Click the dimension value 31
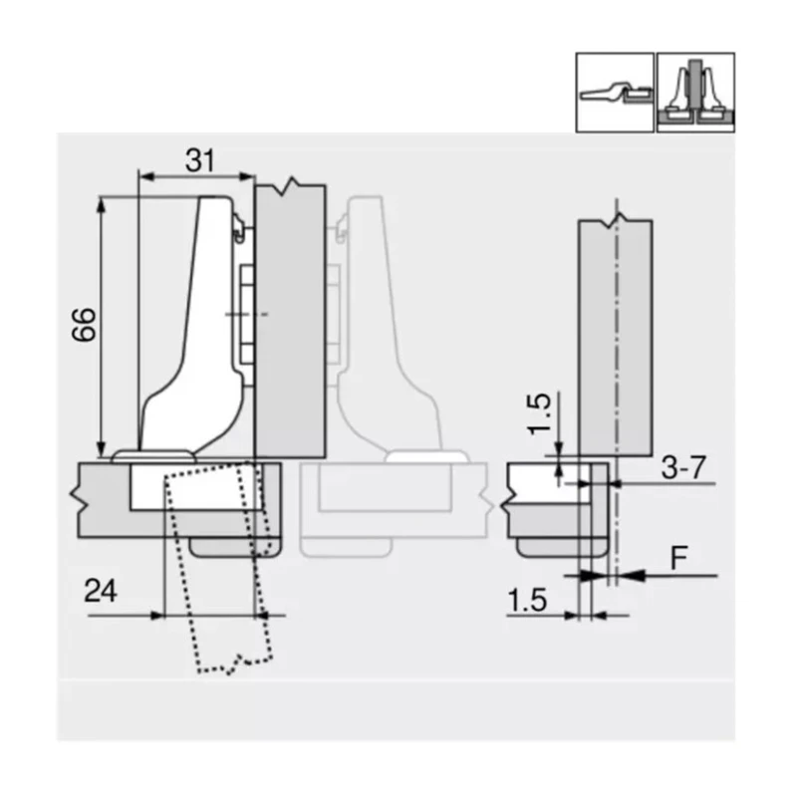(x=201, y=157)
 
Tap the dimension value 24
(x=102, y=592)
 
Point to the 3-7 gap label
(x=684, y=466)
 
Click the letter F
(x=677, y=557)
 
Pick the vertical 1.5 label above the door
(x=538, y=413)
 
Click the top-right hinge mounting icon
(x=695, y=92)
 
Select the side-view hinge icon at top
(x=615, y=92)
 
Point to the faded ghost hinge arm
(x=389, y=329)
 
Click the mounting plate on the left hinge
(x=247, y=313)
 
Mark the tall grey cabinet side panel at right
(x=615, y=339)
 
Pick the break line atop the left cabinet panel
(x=290, y=186)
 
